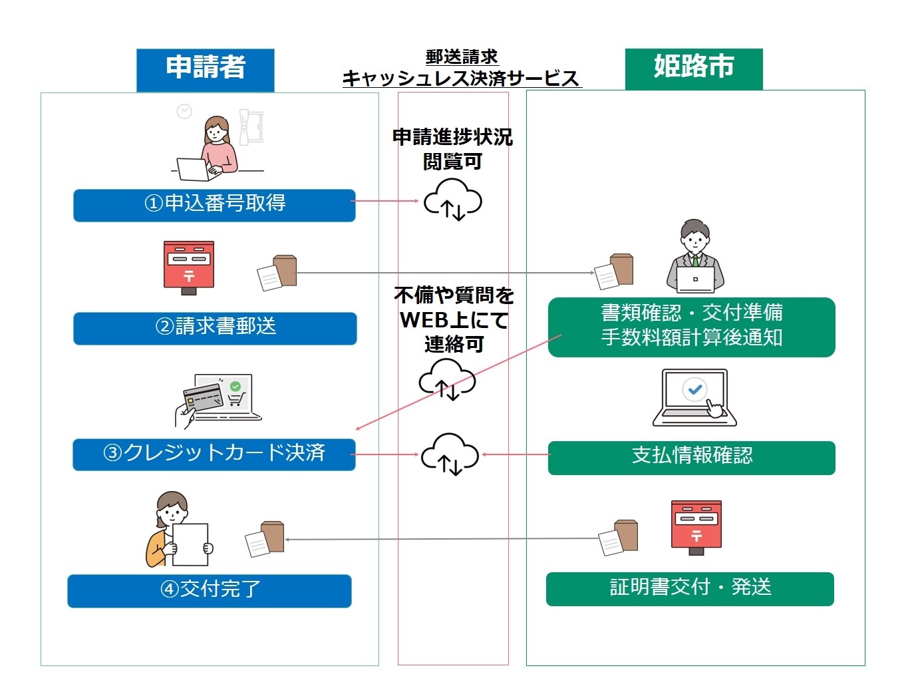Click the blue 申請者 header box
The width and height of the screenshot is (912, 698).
coord(205,69)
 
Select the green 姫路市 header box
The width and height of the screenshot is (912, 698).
coord(693,68)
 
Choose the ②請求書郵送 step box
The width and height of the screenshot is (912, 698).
coord(215,328)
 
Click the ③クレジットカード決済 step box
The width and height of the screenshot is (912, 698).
coord(214,454)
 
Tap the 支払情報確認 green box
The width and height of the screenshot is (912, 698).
coord(691,457)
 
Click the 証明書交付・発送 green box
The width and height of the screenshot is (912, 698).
coord(690,589)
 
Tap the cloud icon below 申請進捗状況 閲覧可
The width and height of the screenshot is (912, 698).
coord(453,199)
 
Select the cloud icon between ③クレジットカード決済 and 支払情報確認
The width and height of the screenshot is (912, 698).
coord(450,454)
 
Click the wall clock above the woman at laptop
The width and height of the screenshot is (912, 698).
coord(184,111)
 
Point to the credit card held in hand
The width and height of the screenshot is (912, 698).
coord(203,397)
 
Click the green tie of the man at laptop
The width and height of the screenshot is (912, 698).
coord(695,260)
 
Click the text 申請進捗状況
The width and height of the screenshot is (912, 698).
coord(452,137)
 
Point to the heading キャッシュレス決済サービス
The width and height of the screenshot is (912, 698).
coord(461,79)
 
